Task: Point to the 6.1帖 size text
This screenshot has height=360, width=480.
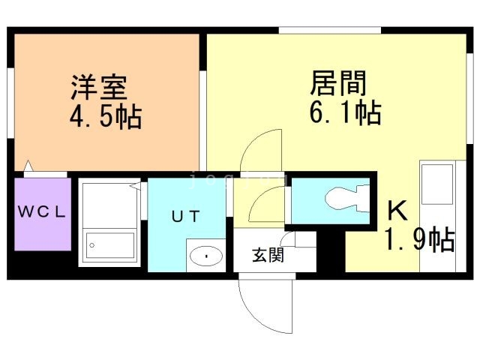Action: coord(344,113)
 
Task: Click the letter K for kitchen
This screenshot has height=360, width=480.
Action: coord(397,211)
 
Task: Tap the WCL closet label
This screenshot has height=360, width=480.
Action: coord(42,211)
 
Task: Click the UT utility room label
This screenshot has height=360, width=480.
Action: coord(185,217)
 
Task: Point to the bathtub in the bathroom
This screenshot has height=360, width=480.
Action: coord(110,244)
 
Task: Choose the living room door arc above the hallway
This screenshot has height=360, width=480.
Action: coord(262,150)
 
